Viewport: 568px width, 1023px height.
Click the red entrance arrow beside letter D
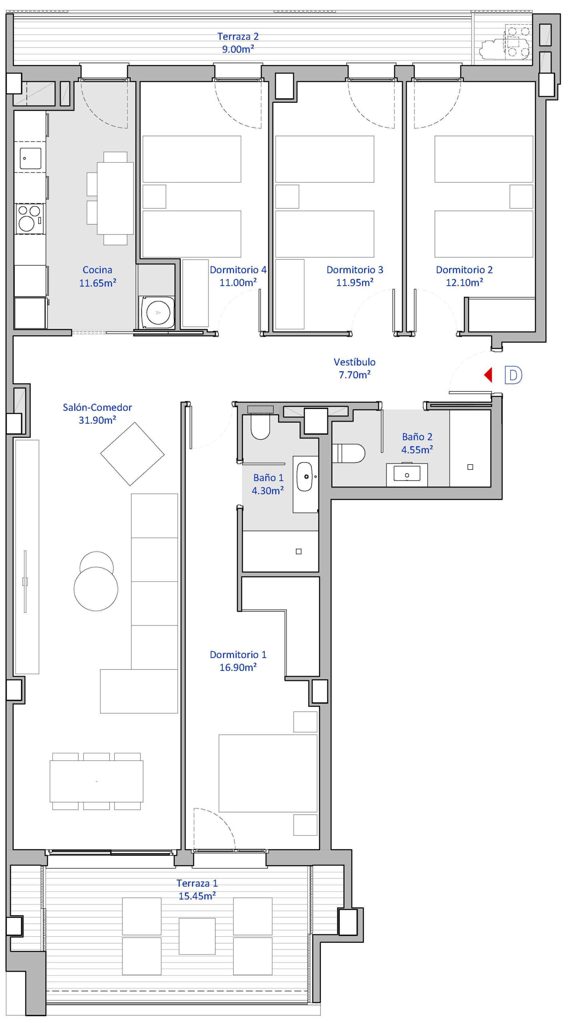[488, 375]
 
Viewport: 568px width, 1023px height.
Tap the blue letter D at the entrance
[513, 375]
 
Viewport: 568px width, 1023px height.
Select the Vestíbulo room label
[355, 362]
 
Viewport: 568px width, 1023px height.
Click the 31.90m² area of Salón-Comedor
[98, 420]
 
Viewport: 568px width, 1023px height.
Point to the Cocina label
[97, 270]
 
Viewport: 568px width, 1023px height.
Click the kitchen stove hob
[29, 219]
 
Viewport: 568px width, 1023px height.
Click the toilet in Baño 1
[260, 426]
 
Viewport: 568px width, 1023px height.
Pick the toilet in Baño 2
[348, 453]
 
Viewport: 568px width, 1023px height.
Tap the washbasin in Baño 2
[407, 475]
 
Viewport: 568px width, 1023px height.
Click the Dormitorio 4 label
[238, 270]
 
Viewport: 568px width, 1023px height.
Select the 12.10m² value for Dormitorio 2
[464, 283]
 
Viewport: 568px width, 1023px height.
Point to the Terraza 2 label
[238, 36]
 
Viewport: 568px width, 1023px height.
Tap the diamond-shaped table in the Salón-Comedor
[132, 454]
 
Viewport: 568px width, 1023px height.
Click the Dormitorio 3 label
[355, 270]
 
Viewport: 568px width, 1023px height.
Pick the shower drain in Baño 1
[298, 551]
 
